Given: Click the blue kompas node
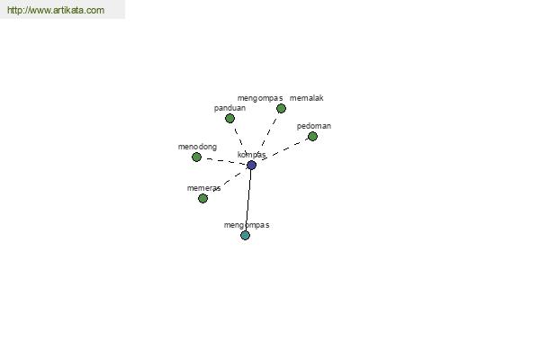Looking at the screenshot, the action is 251,165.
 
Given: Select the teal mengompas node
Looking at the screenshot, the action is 245,235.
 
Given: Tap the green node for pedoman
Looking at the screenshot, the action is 312,137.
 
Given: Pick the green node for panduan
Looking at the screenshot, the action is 229,119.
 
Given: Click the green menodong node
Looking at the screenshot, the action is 196,157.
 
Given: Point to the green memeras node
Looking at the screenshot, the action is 202,198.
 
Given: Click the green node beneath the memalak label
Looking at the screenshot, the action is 281,109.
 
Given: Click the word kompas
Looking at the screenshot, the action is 251,155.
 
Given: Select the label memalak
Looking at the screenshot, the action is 307,98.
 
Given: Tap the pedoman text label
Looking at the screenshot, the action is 314,126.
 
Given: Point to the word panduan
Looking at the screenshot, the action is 229,108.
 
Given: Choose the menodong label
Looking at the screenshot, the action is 197,147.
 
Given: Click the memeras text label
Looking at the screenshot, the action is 204,188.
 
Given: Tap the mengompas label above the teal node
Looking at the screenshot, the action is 247,225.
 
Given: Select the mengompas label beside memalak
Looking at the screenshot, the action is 260,98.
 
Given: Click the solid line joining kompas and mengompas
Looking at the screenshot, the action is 248,200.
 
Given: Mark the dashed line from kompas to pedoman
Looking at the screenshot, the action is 284,149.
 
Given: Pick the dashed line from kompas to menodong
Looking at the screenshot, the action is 226,161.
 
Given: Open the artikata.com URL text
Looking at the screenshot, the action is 56,10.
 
